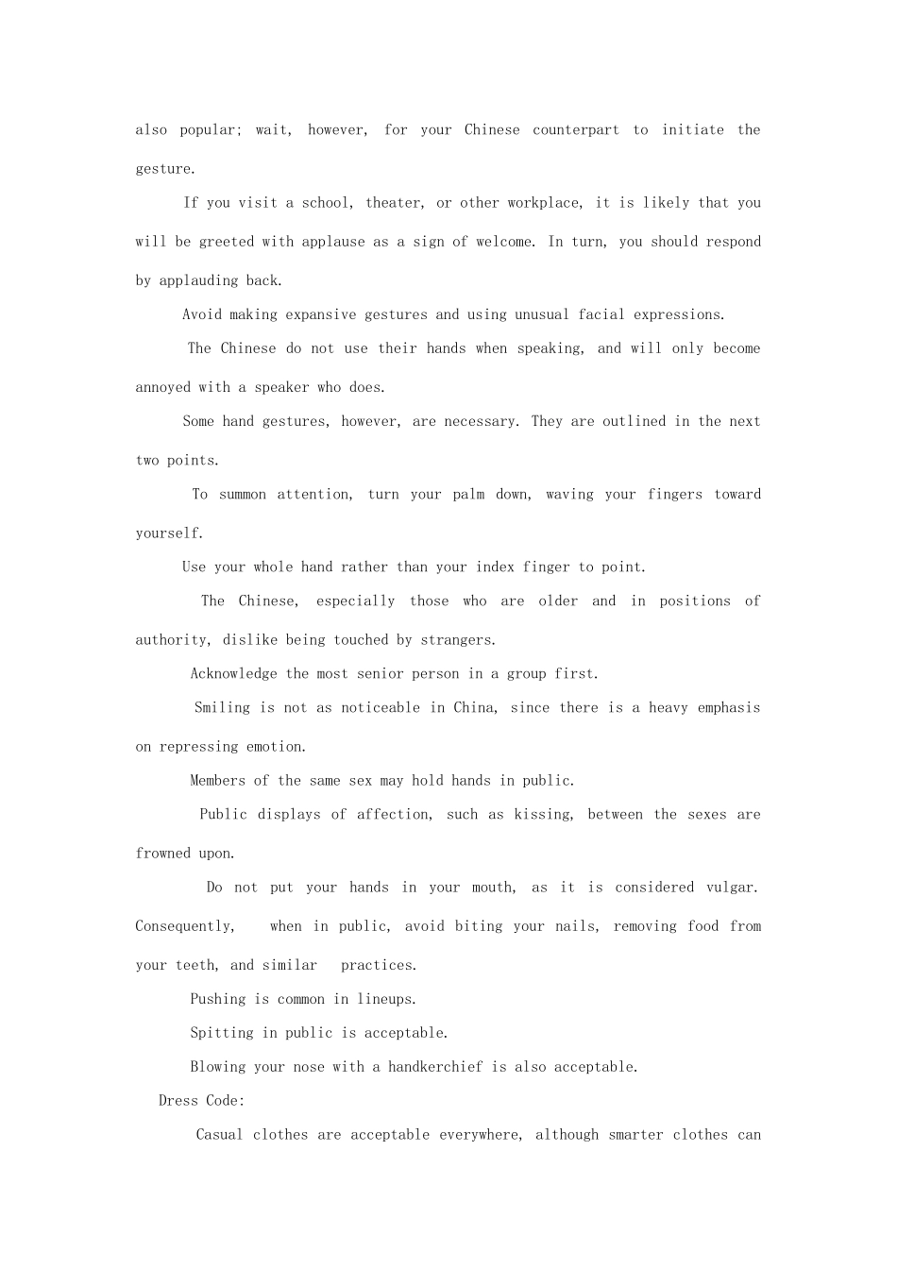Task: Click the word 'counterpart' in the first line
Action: pyautogui.click(x=576, y=130)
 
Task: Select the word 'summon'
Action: pyautogui.click(x=242, y=495)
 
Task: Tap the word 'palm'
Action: pyautogui.click(x=468, y=495)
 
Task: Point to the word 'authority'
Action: pyautogui.click(x=172, y=640)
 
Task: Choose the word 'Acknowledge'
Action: pyautogui.click(x=233, y=674)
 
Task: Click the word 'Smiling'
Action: pyautogui.click(x=222, y=708)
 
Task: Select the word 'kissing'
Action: pyautogui.click(x=542, y=815)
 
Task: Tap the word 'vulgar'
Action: pyautogui.click(x=731, y=888)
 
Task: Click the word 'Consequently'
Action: pyautogui.click(x=184, y=926)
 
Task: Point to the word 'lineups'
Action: pyautogui.click(x=386, y=999)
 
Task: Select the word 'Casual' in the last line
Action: pyautogui.click(x=219, y=1135)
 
